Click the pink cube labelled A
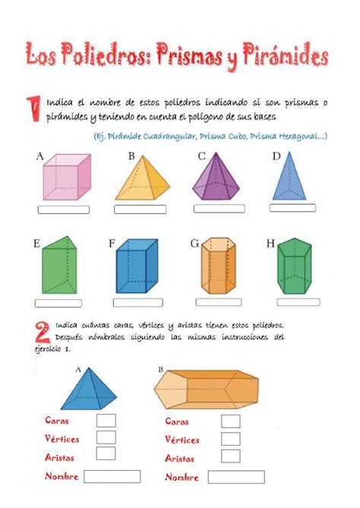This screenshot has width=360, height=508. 67,177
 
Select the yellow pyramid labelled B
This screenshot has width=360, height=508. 143,179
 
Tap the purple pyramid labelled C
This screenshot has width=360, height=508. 216,178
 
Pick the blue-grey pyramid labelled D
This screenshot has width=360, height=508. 289,177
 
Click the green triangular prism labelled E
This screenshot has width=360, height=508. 60,265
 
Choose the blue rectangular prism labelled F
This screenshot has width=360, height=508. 137,266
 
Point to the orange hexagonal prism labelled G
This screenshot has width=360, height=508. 219,266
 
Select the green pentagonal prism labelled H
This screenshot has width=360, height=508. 295,266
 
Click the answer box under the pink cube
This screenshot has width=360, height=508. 64,210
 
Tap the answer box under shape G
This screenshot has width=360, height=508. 219,302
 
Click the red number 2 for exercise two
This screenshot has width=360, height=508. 43,332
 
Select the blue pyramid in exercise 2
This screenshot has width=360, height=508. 89,390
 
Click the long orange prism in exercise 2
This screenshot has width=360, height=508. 206,390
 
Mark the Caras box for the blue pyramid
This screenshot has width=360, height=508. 106,421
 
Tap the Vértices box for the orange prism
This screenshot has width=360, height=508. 231,439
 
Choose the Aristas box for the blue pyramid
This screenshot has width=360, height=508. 106,453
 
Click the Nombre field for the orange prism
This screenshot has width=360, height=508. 236,477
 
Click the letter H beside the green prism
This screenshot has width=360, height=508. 270,243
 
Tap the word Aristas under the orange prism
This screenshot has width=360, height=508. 179,458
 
